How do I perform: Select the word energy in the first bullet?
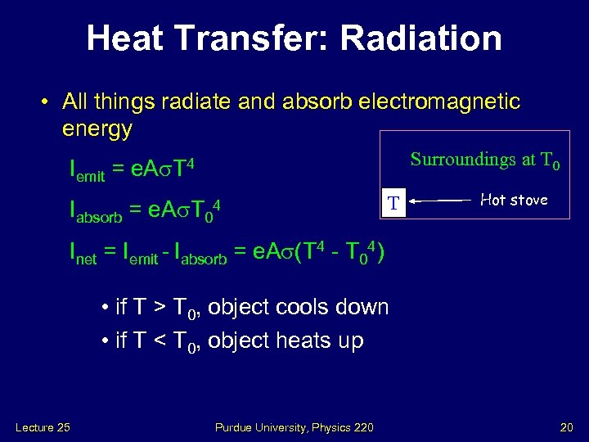[97, 129]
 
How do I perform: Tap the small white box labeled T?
[393, 202]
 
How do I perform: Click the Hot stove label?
[514, 200]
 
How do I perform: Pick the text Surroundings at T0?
[484, 160]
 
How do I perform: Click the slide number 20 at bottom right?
[566, 426]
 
